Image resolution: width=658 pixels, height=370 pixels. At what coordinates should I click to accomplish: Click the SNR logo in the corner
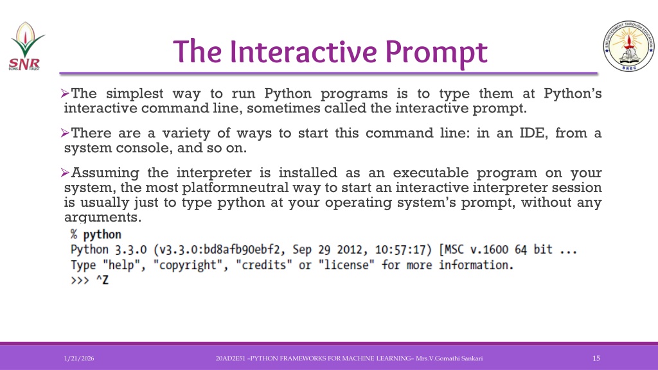click(26, 46)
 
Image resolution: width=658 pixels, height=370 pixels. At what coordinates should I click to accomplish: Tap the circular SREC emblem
click(628, 46)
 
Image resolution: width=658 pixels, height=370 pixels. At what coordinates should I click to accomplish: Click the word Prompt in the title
click(436, 53)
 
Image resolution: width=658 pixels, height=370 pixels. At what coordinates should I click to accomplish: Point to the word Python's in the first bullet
click(573, 93)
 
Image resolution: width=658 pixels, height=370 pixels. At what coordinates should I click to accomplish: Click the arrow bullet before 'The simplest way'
click(65, 93)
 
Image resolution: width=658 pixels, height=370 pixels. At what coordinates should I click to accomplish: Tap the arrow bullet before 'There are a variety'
click(65, 133)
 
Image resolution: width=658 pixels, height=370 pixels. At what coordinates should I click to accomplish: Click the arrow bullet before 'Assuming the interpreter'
click(65, 172)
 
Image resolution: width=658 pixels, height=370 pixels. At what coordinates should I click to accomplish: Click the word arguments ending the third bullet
click(103, 218)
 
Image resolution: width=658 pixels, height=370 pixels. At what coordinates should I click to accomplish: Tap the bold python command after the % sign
click(102, 234)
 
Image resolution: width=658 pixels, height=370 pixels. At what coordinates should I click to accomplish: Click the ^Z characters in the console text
click(102, 280)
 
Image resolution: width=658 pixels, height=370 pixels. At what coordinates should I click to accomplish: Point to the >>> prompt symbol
click(80, 280)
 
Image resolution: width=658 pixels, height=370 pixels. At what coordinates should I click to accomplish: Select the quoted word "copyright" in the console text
click(190, 265)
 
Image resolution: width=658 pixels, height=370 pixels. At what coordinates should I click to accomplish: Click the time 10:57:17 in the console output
click(400, 250)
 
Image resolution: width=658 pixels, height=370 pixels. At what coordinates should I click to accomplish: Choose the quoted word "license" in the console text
click(346, 265)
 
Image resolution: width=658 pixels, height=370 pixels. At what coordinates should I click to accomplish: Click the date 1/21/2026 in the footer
click(79, 358)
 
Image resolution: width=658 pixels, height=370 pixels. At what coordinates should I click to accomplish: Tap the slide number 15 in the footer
click(596, 358)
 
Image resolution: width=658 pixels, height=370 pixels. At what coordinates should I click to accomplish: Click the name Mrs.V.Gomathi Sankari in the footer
click(449, 358)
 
